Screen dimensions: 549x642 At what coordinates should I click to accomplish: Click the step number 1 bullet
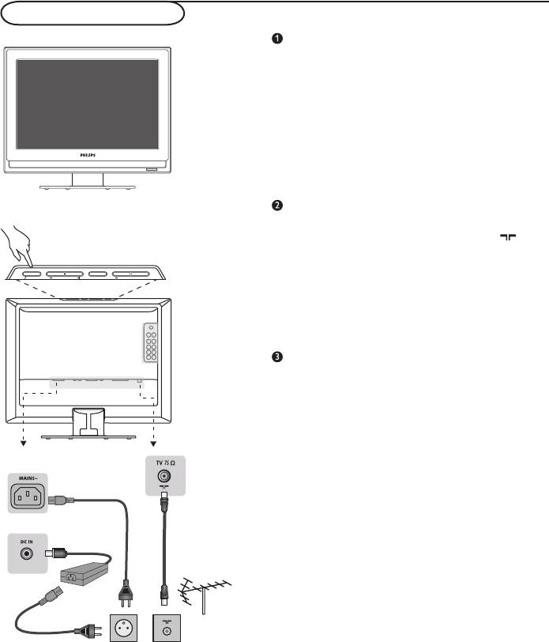(x=277, y=39)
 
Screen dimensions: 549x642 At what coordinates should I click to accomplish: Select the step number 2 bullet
(x=277, y=205)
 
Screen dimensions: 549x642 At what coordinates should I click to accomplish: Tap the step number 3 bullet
(x=277, y=357)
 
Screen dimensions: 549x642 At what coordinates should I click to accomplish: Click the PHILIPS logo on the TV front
(x=88, y=155)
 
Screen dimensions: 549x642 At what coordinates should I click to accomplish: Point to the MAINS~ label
(x=28, y=478)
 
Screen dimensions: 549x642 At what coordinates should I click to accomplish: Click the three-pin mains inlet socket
(x=28, y=497)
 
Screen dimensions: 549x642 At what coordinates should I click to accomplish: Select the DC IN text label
(x=27, y=542)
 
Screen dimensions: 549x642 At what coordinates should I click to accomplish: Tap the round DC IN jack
(x=27, y=554)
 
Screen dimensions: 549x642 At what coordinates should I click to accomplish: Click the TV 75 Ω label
(x=165, y=463)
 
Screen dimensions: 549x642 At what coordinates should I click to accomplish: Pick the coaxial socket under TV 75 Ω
(x=164, y=476)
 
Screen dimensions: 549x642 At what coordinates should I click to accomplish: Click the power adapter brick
(x=85, y=574)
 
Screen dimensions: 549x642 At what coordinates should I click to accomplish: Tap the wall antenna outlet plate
(x=167, y=628)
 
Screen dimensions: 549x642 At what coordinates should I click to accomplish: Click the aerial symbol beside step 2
(x=508, y=237)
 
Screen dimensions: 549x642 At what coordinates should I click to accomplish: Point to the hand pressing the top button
(x=17, y=246)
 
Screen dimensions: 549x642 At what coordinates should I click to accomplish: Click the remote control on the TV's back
(x=151, y=342)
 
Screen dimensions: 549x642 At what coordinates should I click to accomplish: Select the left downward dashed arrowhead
(x=24, y=444)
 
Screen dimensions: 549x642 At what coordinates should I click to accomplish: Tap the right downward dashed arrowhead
(x=153, y=444)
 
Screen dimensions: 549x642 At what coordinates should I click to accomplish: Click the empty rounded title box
(x=92, y=13)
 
